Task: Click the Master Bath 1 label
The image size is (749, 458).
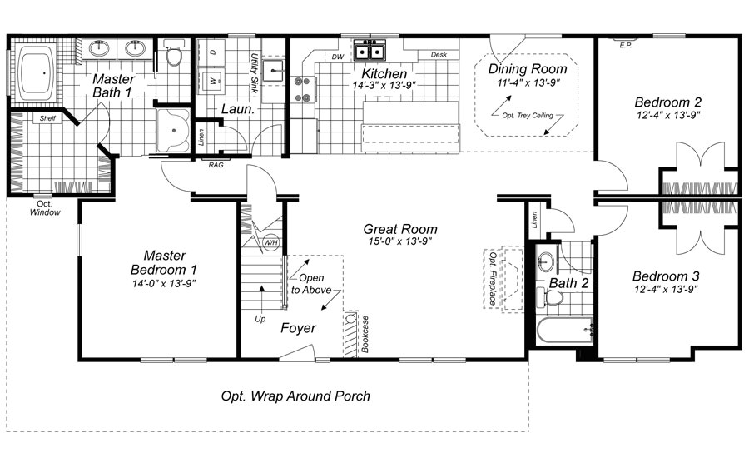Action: pyautogui.click(x=113, y=86)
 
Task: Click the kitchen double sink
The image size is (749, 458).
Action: pyautogui.click(x=369, y=52)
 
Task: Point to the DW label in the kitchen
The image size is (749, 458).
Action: pyautogui.click(x=337, y=57)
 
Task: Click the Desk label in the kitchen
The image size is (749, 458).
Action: pyautogui.click(x=439, y=56)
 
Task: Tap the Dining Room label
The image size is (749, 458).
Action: pyautogui.click(x=528, y=69)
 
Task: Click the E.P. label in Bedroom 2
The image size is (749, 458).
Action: pyautogui.click(x=626, y=46)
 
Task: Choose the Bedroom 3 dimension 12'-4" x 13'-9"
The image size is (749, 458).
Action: pyautogui.click(x=665, y=290)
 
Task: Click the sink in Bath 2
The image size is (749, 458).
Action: pyautogui.click(x=546, y=261)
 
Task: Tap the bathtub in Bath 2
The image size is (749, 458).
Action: pyautogui.click(x=563, y=331)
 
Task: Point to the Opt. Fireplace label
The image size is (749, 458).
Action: pyautogui.click(x=493, y=278)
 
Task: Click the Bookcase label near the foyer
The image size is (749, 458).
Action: pyautogui.click(x=365, y=335)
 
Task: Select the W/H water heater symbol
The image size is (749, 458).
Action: pyautogui.click(x=270, y=243)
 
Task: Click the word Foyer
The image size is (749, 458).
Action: pyautogui.click(x=298, y=328)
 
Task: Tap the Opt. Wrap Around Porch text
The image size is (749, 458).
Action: pyautogui.click(x=295, y=396)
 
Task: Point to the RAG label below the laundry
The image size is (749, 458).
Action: pyautogui.click(x=215, y=165)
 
